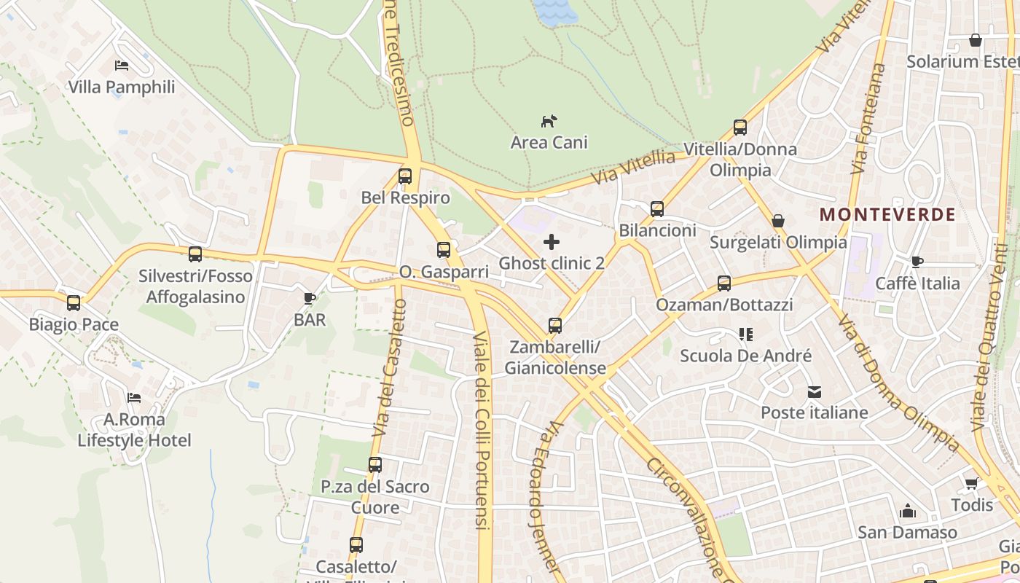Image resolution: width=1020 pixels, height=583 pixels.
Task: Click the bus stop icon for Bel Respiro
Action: (x=405, y=176)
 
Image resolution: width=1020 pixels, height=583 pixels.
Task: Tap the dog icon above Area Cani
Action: (x=549, y=121)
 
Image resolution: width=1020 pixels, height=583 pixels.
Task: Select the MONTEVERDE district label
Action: (x=887, y=214)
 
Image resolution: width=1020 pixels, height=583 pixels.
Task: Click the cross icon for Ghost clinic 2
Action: (x=552, y=242)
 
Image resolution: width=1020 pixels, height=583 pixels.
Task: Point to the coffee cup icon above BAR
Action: (x=310, y=298)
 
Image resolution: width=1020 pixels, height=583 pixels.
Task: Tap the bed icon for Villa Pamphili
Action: (x=122, y=66)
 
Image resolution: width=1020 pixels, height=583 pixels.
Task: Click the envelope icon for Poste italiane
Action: (x=814, y=392)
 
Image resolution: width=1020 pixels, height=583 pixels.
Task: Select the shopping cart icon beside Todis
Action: (x=971, y=484)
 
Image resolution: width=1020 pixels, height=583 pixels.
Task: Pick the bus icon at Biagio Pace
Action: (x=74, y=303)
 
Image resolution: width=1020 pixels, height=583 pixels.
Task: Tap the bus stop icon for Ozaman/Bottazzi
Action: (x=723, y=283)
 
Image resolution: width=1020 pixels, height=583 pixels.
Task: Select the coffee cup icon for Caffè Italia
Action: (x=917, y=262)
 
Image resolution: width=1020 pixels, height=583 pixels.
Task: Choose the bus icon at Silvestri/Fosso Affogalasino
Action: (x=195, y=254)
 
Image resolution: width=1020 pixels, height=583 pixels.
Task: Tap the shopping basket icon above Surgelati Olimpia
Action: (x=778, y=221)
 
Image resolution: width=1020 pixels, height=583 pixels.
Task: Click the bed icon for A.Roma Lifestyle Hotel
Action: (x=134, y=398)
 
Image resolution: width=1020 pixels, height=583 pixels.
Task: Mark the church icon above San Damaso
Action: (x=907, y=512)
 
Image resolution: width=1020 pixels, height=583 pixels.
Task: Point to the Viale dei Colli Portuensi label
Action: (x=481, y=430)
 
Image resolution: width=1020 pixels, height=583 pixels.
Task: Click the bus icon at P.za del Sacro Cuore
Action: (x=375, y=465)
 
